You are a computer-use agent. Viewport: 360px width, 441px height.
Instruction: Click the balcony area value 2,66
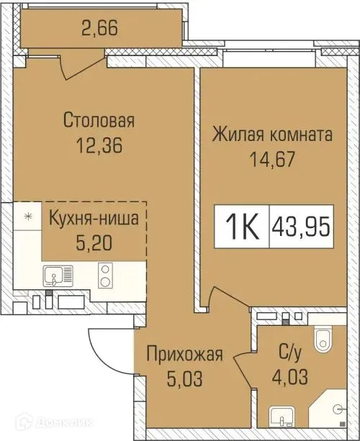(x=100, y=30)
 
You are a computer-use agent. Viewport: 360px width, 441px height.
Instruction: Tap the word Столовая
(x=99, y=120)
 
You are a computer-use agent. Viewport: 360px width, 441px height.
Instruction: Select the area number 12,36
(x=99, y=145)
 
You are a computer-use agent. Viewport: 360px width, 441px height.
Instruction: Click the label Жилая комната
(x=272, y=134)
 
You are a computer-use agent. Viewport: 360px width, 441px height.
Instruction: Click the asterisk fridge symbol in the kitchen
(x=28, y=216)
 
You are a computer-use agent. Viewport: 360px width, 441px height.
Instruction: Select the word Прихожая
(x=184, y=354)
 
